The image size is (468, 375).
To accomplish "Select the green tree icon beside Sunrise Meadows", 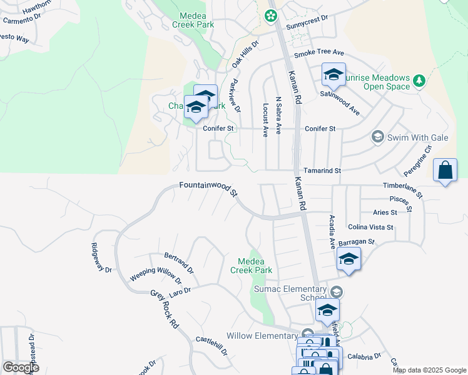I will (x=419, y=79).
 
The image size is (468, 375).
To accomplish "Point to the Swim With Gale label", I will (x=405, y=137).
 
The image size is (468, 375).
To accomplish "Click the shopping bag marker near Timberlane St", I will (x=444, y=170).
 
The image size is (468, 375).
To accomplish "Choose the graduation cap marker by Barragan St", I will (x=348, y=259).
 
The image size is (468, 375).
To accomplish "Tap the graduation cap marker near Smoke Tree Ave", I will (x=333, y=76).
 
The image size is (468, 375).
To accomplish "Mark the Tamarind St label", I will (x=322, y=170).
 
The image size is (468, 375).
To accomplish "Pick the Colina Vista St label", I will (x=370, y=227).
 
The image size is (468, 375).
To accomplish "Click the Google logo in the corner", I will (x=21, y=367).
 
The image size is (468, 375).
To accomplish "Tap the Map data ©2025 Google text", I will (x=429, y=370).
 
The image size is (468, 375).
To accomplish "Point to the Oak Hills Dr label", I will (x=245, y=51).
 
